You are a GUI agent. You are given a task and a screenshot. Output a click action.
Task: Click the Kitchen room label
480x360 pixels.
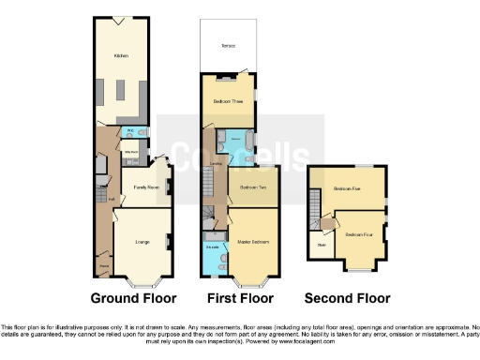121,56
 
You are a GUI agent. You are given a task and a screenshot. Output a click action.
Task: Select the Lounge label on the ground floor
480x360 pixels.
142,243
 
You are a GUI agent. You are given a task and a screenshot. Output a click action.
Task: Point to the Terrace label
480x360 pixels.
228,45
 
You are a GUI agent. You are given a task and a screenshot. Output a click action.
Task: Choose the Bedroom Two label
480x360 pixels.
249,187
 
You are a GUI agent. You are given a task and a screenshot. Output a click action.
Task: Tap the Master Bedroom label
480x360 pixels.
253,242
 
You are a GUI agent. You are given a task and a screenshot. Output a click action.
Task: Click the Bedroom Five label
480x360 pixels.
347,188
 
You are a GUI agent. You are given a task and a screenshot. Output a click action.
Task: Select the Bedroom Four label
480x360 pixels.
357,234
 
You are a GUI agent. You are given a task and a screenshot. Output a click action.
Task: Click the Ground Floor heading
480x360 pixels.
133,299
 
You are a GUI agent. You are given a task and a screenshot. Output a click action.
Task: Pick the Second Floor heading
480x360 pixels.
346,299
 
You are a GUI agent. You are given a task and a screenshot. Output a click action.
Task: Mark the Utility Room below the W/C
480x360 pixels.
132,150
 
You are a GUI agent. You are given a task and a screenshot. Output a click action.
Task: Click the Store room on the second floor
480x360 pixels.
321,246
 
